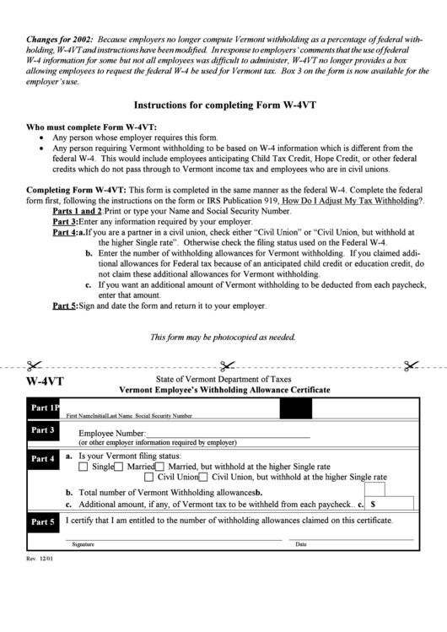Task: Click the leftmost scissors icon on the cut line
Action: tap(33, 365)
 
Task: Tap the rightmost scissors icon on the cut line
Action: tap(411, 365)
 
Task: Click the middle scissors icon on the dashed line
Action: tap(226, 365)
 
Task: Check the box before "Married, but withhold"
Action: tap(159, 466)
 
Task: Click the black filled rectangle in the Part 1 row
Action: tap(301, 409)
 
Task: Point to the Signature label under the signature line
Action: tap(83, 544)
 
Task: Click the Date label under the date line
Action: tap(301, 544)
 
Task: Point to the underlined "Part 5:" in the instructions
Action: tap(65, 306)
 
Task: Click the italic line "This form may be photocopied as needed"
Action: tap(223, 338)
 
